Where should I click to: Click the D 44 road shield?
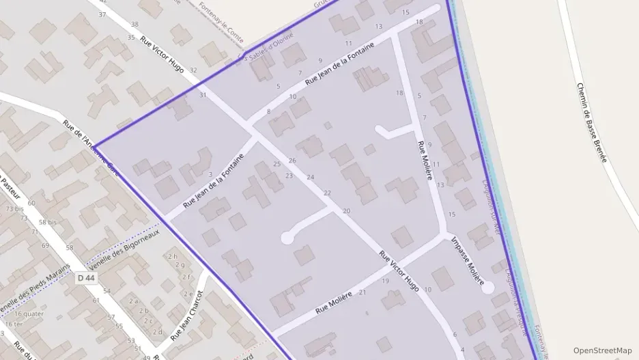tap(85, 278)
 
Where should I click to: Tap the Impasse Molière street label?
tap(468, 261)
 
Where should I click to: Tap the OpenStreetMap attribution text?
tap(603, 350)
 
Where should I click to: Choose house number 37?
tap(102, 14)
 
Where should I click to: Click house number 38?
tap(134, 25)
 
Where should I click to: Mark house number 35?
tap(130, 38)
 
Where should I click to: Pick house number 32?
tap(193, 70)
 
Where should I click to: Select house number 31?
tap(203, 95)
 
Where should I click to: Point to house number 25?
tap(276, 164)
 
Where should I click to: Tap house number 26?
tap(292, 160)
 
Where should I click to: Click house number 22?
tap(327, 193)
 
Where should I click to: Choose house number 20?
tap(346, 211)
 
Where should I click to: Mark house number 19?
tap(385, 281)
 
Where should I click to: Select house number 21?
tap(363, 292)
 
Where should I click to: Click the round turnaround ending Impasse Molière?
tap(487, 288)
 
